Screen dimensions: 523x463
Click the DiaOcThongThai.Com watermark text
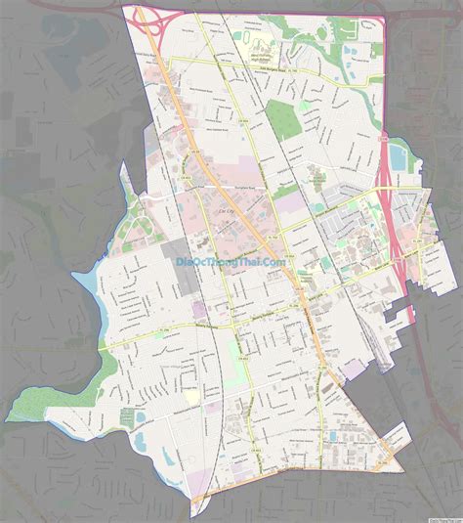(231, 261)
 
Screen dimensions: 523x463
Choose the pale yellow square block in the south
(189, 396)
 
